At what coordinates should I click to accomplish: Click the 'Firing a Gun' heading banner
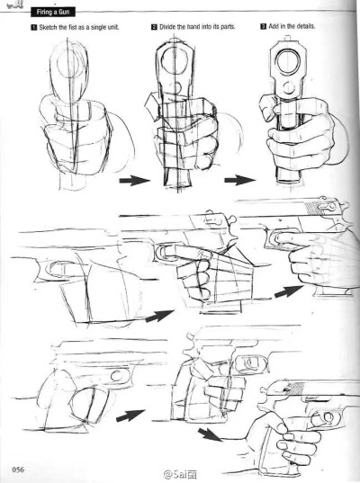tap(53, 13)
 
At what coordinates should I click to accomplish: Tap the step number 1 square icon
tap(33, 27)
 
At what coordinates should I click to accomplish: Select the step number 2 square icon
tap(154, 27)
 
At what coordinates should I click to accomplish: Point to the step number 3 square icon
tap(264, 26)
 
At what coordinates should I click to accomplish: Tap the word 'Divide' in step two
tap(167, 27)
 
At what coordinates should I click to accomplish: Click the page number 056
tap(18, 470)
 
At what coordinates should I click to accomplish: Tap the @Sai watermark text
tap(180, 475)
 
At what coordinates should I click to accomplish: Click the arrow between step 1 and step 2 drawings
tap(134, 180)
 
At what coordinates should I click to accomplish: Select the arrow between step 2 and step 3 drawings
tap(239, 180)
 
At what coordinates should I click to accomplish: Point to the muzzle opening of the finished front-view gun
tap(288, 61)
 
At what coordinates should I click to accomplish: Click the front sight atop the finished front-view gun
tap(288, 38)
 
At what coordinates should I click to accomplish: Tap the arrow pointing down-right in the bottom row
tap(211, 434)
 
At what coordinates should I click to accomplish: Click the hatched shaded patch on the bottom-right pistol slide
tap(294, 389)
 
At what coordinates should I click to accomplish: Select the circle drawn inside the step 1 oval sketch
tap(69, 62)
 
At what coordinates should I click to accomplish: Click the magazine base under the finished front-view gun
tap(289, 176)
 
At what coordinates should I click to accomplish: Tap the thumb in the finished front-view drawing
tap(267, 107)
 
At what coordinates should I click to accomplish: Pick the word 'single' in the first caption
tap(98, 27)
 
